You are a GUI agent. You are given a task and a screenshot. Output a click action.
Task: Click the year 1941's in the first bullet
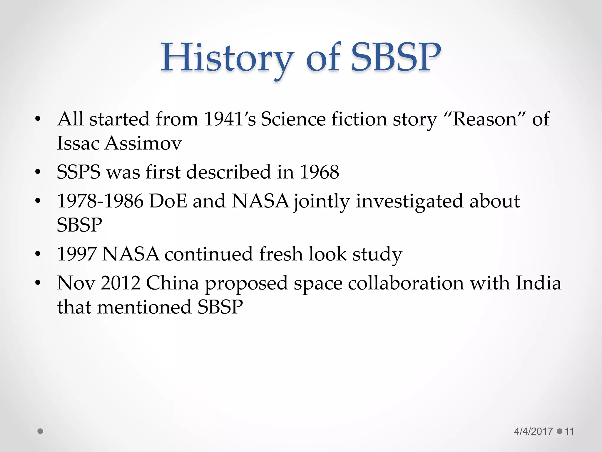(x=230, y=119)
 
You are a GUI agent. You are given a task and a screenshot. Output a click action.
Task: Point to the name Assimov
(x=143, y=143)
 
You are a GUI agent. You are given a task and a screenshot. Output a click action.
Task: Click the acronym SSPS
(x=78, y=172)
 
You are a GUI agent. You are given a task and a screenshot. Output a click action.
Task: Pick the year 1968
(x=319, y=172)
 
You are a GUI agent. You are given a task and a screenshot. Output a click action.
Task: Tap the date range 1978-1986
(x=100, y=201)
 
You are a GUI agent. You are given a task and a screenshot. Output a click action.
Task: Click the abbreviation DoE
(x=168, y=201)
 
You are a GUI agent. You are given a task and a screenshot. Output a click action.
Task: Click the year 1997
(x=77, y=254)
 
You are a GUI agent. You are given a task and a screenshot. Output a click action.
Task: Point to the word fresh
(x=281, y=254)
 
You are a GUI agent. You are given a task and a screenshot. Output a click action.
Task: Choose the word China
(x=172, y=283)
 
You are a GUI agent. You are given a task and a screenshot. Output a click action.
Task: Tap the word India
(x=539, y=283)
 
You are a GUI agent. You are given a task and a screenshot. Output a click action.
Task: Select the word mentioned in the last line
(x=144, y=307)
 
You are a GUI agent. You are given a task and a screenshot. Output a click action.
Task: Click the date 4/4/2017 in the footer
(x=533, y=431)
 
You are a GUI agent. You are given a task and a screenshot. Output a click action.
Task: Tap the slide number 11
(x=569, y=431)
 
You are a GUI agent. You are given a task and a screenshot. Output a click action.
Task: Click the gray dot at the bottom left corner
(x=41, y=431)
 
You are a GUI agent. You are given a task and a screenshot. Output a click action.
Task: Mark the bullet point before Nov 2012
(x=38, y=283)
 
